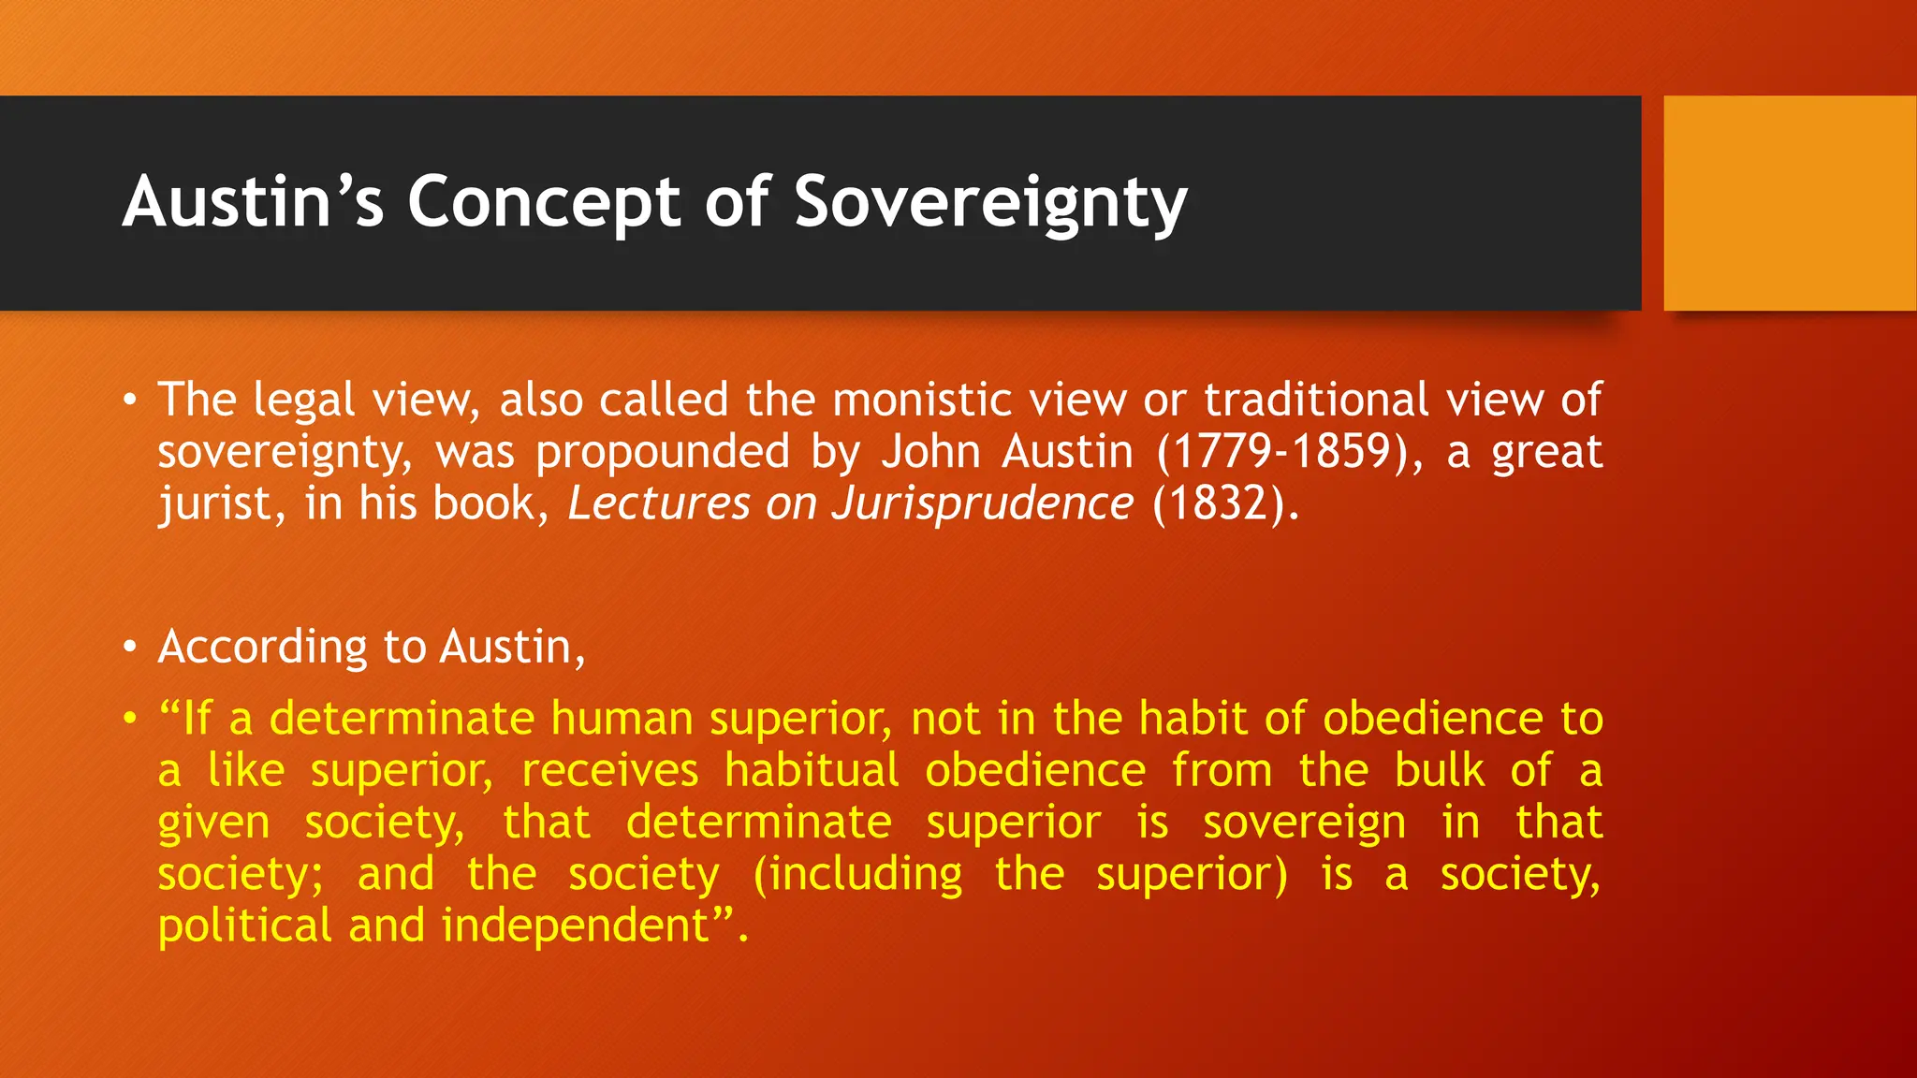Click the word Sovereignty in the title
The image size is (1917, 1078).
pyautogui.click(x=990, y=202)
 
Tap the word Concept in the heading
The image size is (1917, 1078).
pyautogui.click(x=544, y=202)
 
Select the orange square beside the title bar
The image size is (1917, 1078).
pyautogui.click(x=1790, y=203)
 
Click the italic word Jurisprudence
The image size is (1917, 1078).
pyautogui.click(x=982, y=503)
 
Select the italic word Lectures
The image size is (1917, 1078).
pyautogui.click(x=659, y=503)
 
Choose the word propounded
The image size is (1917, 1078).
pyautogui.click(x=663, y=453)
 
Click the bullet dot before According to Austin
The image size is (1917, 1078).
pyautogui.click(x=130, y=647)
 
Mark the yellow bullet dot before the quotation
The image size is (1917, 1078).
pyautogui.click(x=130, y=719)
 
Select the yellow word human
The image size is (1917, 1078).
pyautogui.click(x=621, y=719)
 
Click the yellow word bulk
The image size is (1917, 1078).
pyautogui.click(x=1439, y=771)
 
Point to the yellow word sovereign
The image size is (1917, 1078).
pyautogui.click(x=1304, y=823)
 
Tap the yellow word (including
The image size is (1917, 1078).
pyautogui.click(x=857, y=874)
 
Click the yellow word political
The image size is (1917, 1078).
pyautogui.click(x=244, y=925)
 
